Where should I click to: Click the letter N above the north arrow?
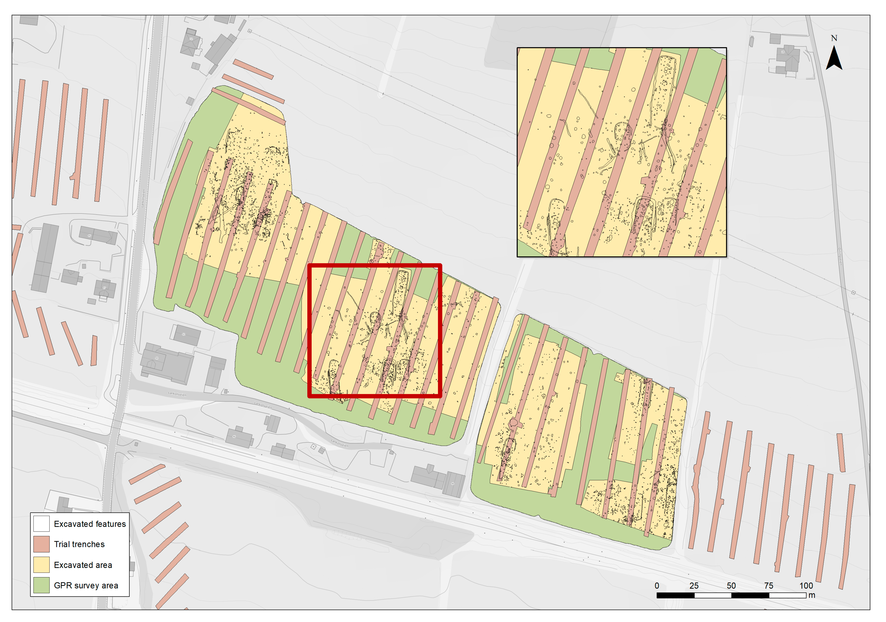point(834,38)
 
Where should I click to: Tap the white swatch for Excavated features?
point(41,524)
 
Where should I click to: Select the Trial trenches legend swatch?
point(41,544)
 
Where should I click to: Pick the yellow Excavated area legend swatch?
point(41,564)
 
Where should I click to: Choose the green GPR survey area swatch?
point(41,585)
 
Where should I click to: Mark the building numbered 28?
point(787,58)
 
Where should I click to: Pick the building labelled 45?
point(96,235)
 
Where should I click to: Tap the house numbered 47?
point(104,288)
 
